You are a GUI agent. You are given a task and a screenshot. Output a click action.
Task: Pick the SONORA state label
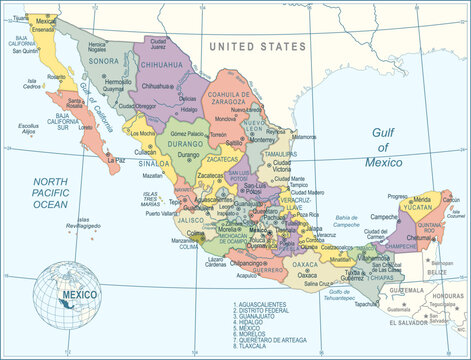click(x=106, y=61)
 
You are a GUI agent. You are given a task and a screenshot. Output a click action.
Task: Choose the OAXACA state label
click(x=305, y=265)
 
